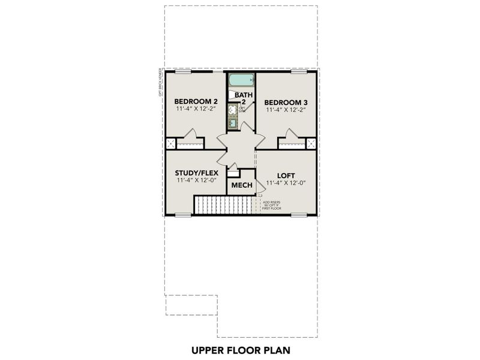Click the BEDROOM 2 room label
click(196, 101)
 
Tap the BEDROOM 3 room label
click(286, 101)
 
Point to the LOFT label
click(286, 175)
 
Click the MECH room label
click(241, 185)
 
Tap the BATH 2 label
click(244, 98)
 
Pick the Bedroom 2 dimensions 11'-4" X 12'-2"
click(196, 109)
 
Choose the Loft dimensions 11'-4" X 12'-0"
click(286, 182)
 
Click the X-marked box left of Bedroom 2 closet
click(170, 143)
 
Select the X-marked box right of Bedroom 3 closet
click(311, 143)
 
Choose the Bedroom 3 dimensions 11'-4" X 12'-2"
click(286, 109)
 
